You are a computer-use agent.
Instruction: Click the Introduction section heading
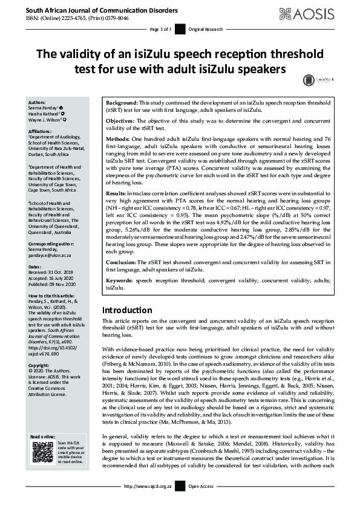point(127,310)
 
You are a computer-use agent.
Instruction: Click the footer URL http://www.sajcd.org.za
point(148,502)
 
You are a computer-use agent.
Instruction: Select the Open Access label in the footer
point(203,502)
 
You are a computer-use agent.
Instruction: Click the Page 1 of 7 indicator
point(160,30)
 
